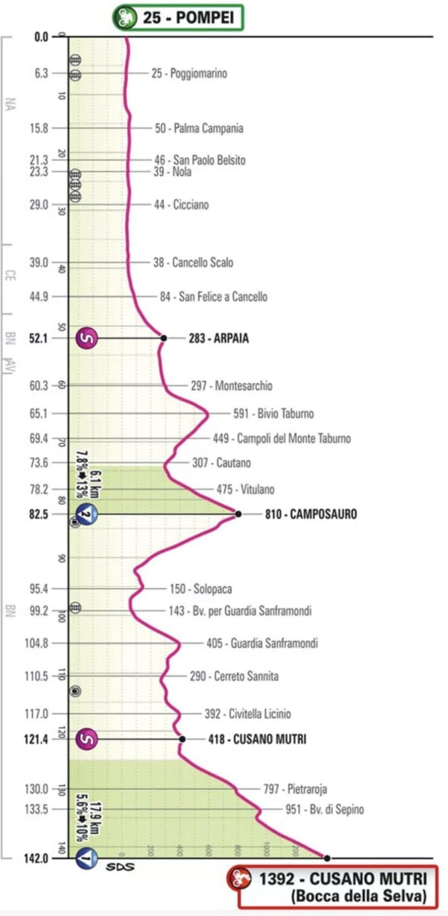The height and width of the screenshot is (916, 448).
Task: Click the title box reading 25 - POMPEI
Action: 178,17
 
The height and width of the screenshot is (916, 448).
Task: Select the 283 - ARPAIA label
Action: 218,339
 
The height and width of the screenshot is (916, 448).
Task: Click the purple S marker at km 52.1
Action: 87,339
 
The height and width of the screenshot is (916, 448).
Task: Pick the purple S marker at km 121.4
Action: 87,739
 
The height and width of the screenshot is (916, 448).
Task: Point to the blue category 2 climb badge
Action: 87,514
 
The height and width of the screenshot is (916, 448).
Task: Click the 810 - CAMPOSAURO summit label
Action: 310,514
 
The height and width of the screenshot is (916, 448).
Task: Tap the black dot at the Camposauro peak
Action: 238,514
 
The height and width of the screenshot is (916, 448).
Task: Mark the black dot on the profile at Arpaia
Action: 164,339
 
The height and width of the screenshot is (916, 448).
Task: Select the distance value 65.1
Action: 39,414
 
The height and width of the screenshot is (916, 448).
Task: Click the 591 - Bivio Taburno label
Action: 273,414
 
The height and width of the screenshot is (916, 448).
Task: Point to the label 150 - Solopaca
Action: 200,589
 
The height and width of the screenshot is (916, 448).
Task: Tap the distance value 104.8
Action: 36,644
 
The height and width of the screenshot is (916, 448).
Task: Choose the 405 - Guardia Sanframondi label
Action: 262,644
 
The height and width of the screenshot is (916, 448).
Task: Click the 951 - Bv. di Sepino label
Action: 324,810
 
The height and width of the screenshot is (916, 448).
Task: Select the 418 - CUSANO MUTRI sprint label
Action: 257,739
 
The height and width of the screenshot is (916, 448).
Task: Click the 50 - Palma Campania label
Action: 199,128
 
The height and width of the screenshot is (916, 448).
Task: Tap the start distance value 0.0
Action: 41,37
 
